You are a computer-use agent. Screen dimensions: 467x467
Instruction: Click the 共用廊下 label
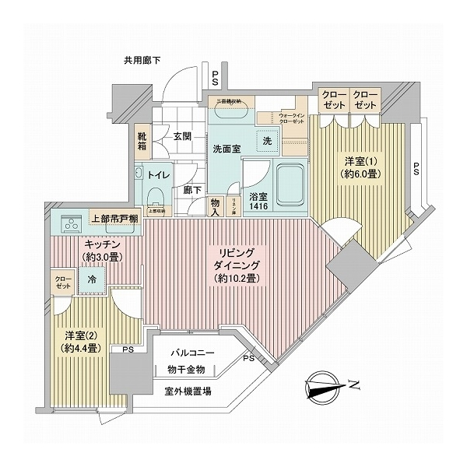coord(141,60)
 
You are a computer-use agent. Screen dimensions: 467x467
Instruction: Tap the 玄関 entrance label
coord(181,136)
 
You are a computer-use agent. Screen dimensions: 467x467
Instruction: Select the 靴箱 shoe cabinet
coord(142,141)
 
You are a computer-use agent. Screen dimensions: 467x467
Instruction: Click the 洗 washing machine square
coord(266,141)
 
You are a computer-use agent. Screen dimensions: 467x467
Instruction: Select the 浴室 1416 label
coord(261,204)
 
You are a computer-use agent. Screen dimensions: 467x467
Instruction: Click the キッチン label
coord(104,244)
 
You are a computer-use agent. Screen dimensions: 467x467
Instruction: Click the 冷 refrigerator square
coord(93,278)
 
